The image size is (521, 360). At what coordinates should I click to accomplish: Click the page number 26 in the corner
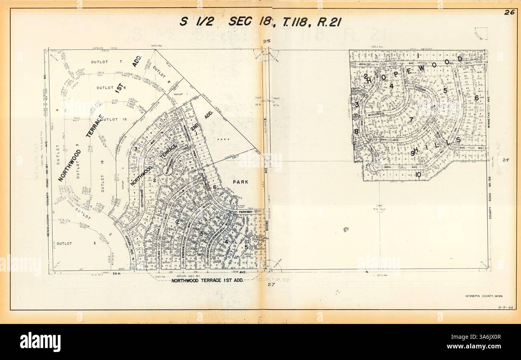(509, 12)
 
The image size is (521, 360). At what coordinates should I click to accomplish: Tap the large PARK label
(242, 181)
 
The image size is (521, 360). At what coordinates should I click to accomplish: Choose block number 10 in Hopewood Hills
(418, 174)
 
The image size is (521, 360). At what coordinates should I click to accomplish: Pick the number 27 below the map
(269, 285)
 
